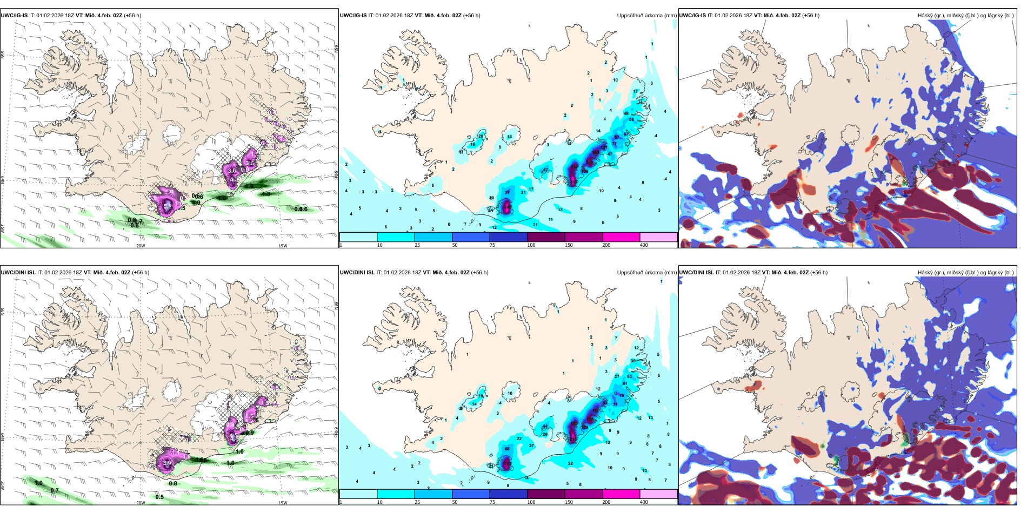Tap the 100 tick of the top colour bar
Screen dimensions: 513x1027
pyautogui.click(x=531, y=245)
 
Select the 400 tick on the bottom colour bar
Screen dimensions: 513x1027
pyautogui.click(x=644, y=502)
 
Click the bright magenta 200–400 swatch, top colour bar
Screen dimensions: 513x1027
pyautogui.click(x=621, y=237)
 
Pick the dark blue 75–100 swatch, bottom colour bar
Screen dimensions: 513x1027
pyautogui.click(x=508, y=494)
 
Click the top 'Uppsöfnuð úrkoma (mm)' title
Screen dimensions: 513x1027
pyautogui.click(x=646, y=16)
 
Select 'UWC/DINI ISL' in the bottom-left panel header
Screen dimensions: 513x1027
pyautogui.click(x=18, y=273)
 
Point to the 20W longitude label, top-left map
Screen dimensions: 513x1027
pyautogui.click(x=141, y=246)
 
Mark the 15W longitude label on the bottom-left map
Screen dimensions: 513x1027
pyautogui.click(x=283, y=503)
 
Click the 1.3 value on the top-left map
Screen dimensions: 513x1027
pyautogui.click(x=266, y=194)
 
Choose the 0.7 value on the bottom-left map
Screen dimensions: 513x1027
pyautogui.click(x=55, y=490)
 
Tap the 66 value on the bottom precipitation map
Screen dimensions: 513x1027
pyautogui.click(x=507, y=449)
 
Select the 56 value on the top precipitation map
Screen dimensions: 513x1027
pyautogui.click(x=631, y=119)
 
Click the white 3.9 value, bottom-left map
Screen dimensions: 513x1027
pyautogui.click(x=167, y=463)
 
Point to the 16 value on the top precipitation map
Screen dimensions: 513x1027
pyautogui.click(x=472, y=144)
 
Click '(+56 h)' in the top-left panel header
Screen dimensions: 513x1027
pyautogui.click(x=132, y=16)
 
